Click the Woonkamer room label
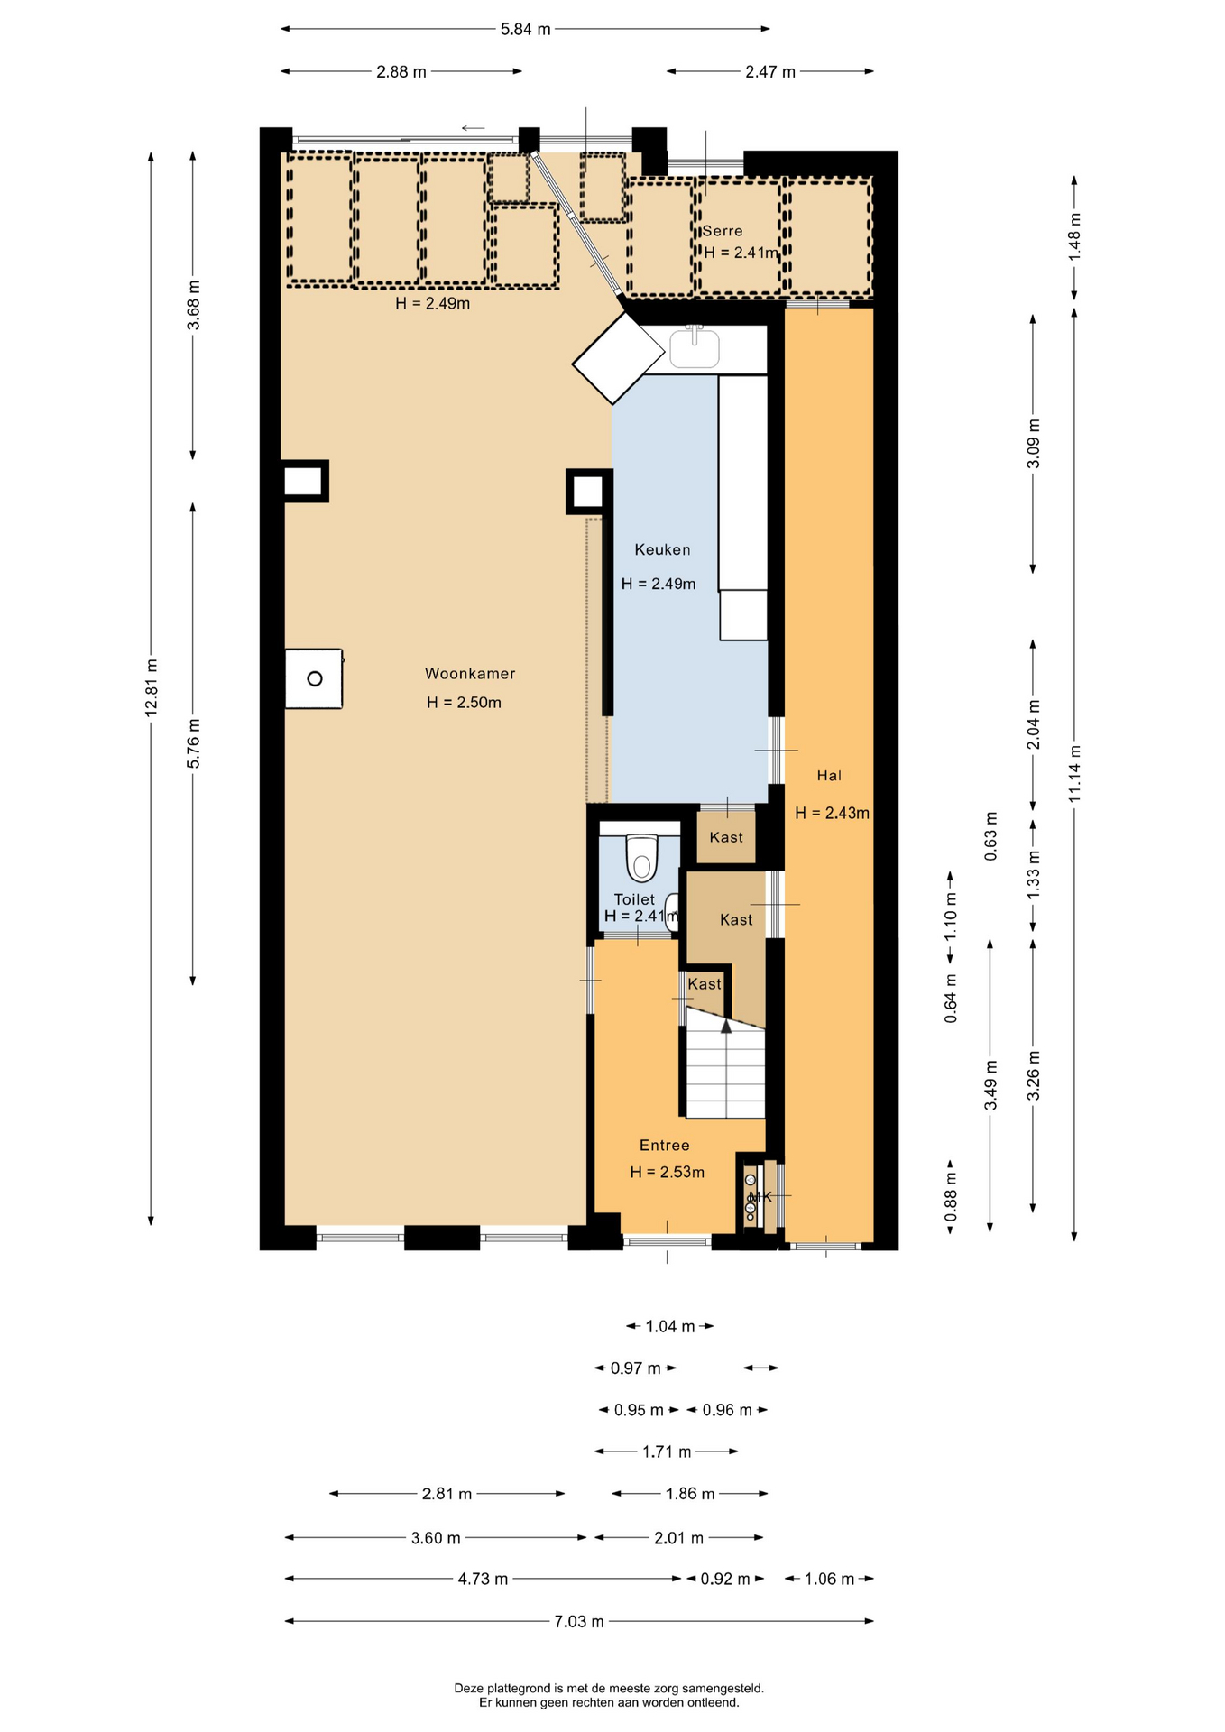pyautogui.click(x=470, y=674)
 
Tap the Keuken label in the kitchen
pyautogui.click(x=662, y=549)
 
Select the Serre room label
pyautogui.click(x=723, y=231)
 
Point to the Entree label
pyautogui.click(x=665, y=1146)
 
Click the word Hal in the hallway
pyautogui.click(x=829, y=776)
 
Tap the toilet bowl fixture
pyautogui.click(x=641, y=857)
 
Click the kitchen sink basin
pyautogui.click(x=695, y=349)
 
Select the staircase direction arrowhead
pyautogui.click(x=726, y=1026)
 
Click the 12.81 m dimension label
pyautogui.click(x=152, y=688)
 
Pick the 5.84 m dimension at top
pyautogui.click(x=525, y=29)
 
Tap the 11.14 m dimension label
pyautogui.click(x=1074, y=773)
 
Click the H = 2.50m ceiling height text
pyautogui.click(x=465, y=703)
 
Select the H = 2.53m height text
pyautogui.click(x=668, y=1173)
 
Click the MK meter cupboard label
pyautogui.click(x=761, y=1197)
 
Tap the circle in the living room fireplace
pyautogui.click(x=315, y=678)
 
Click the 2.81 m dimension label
pyautogui.click(x=447, y=1494)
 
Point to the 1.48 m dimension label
pyautogui.click(x=1074, y=237)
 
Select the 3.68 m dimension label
pyautogui.click(x=193, y=306)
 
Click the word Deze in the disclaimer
pyautogui.click(x=468, y=1688)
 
